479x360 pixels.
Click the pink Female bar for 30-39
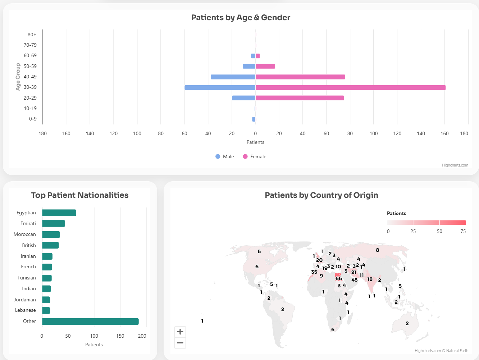click(x=351, y=87)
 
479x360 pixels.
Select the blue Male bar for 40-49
click(x=233, y=77)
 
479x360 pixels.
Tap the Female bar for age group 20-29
click(x=300, y=98)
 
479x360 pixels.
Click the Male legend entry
click(x=224, y=156)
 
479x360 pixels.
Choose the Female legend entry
click(x=255, y=156)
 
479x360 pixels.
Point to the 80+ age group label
click(x=32, y=35)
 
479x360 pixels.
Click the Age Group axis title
click(x=18, y=77)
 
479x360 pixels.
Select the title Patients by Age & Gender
click(x=241, y=18)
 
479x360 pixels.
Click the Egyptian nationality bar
click(x=59, y=213)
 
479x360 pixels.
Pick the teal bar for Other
click(x=90, y=322)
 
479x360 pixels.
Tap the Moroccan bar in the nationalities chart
click(x=51, y=234)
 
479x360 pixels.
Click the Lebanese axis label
click(x=25, y=310)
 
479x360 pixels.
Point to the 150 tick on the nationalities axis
click(x=120, y=336)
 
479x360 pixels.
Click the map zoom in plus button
click(x=180, y=332)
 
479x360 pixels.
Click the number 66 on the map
click(x=339, y=278)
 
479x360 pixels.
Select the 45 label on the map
click(x=354, y=280)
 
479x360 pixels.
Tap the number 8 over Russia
click(x=377, y=250)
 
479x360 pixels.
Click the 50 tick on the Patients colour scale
click(x=439, y=231)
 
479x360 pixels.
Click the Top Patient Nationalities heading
click(x=79, y=195)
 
